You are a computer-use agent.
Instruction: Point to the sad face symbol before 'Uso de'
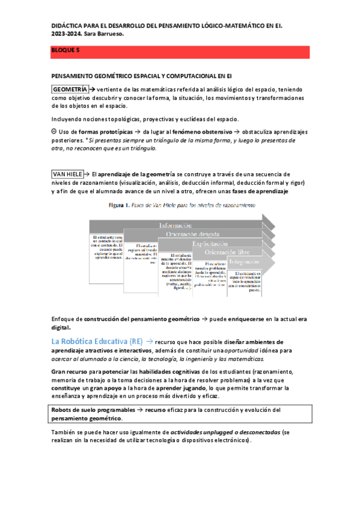coord(54,131)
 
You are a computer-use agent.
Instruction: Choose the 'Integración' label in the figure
coord(245,262)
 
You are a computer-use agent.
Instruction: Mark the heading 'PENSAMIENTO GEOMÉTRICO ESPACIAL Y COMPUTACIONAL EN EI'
coord(141,77)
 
